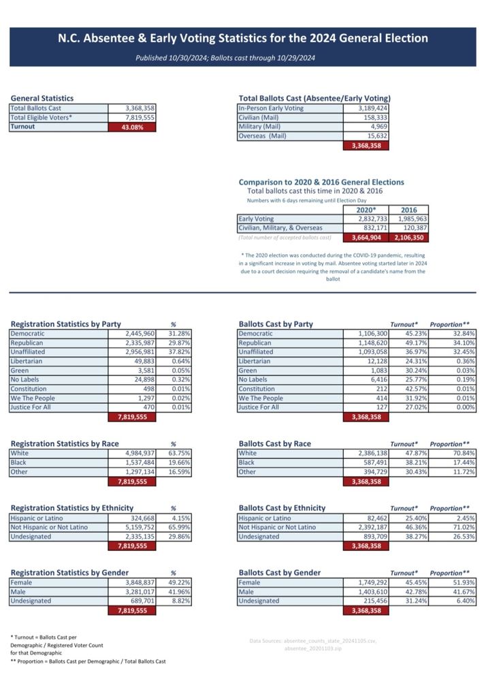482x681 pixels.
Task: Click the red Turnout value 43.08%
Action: pyautogui.click(x=132, y=127)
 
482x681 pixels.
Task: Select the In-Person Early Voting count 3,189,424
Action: pyautogui.click(x=372, y=108)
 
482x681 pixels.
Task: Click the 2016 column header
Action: pyautogui.click(x=409, y=210)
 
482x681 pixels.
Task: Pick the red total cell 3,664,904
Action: pyautogui.click(x=366, y=238)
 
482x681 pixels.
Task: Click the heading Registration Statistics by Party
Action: pyautogui.click(x=65, y=324)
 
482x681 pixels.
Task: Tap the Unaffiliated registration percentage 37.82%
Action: pyautogui.click(x=179, y=352)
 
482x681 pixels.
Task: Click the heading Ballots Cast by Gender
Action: pyautogui.click(x=279, y=573)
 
